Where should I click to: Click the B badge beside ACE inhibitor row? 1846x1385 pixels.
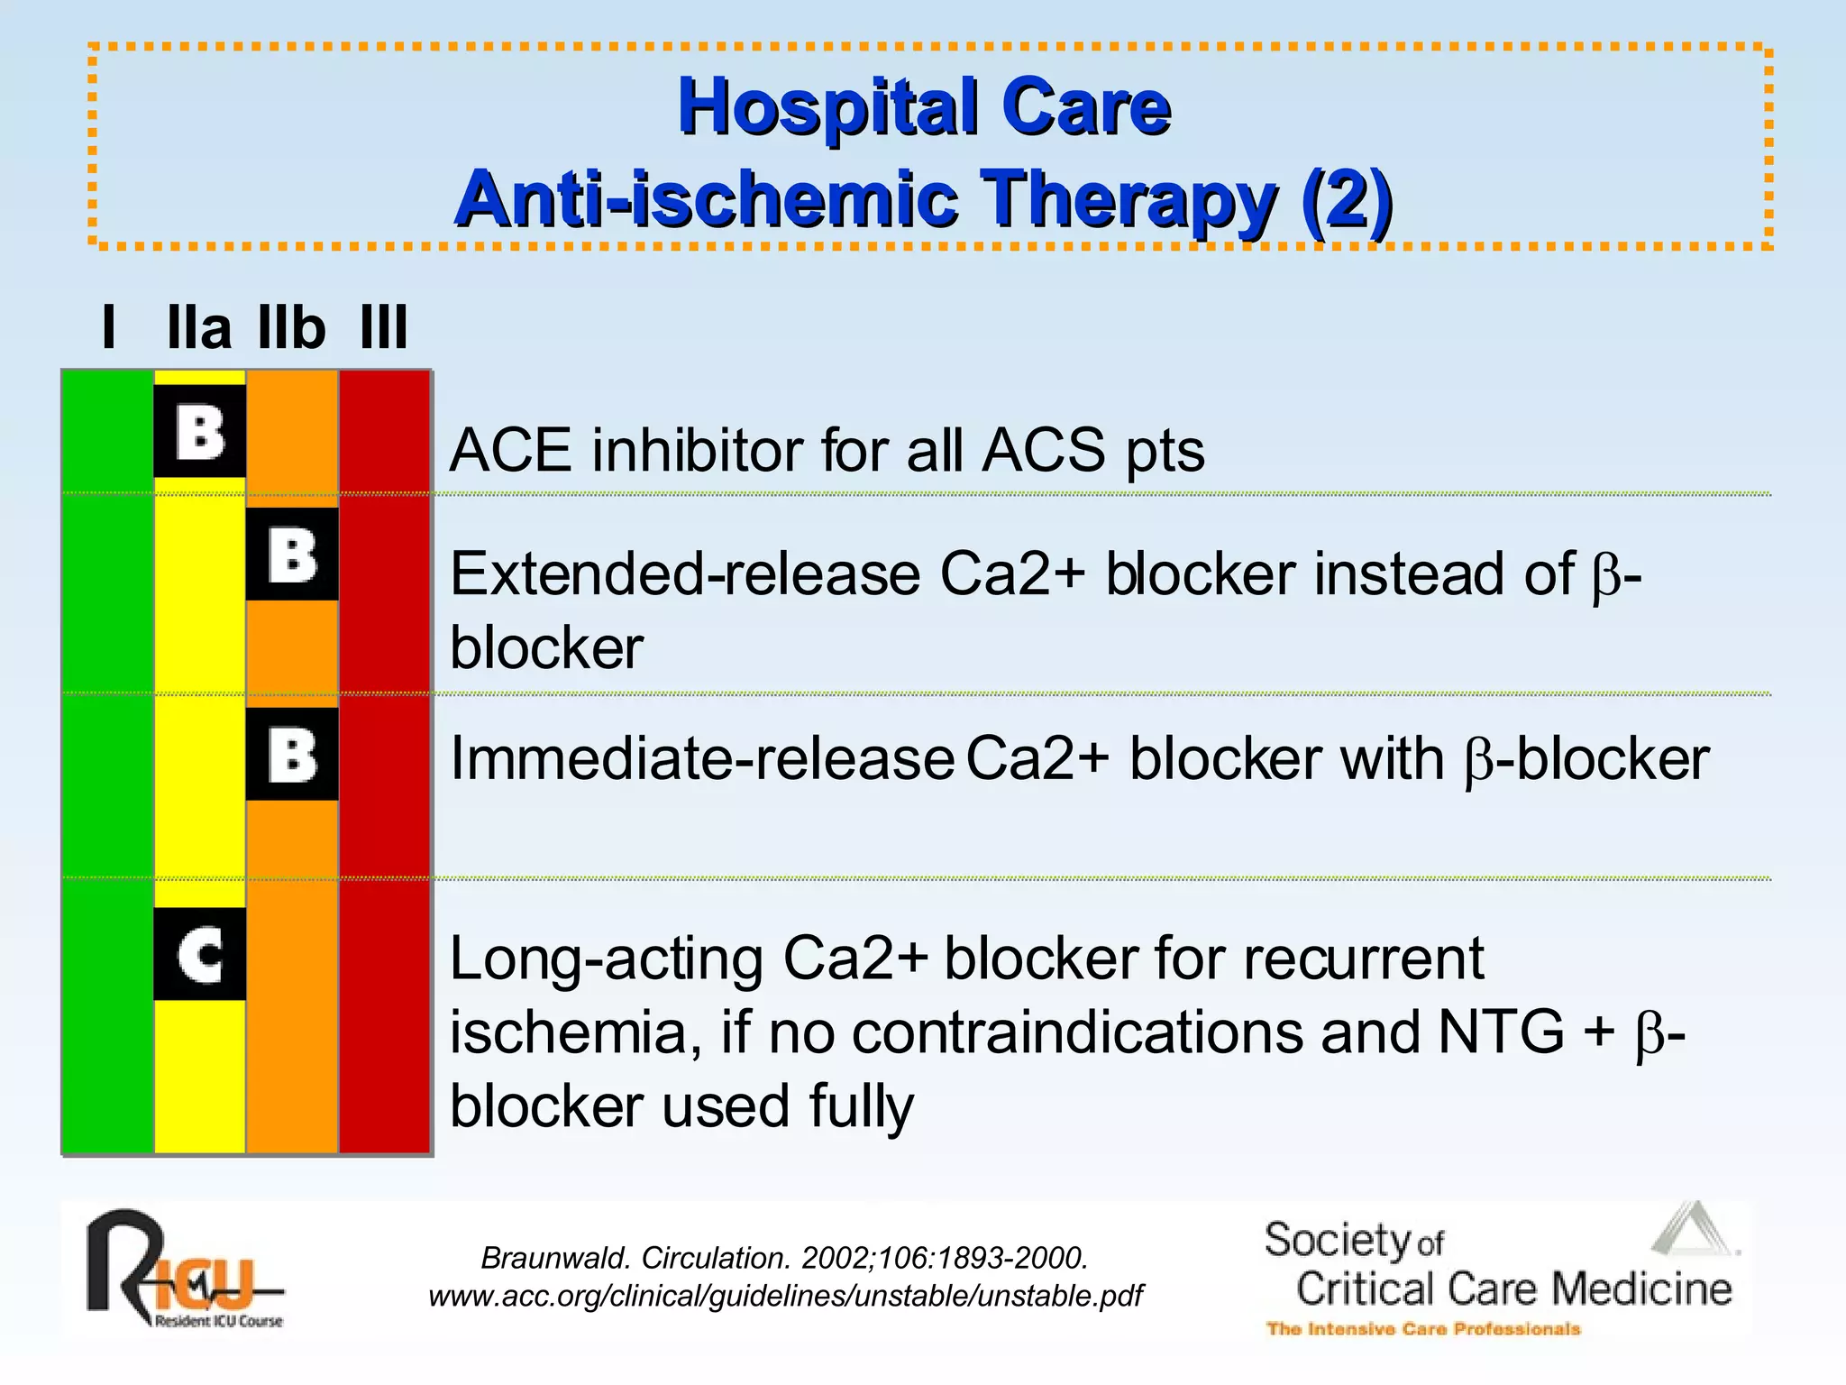(199, 431)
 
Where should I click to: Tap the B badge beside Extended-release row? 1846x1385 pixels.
(292, 554)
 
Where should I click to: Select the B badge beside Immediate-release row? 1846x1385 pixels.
(292, 754)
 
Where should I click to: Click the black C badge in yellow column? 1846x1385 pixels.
(199, 954)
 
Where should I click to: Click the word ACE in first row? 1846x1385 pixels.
(510, 450)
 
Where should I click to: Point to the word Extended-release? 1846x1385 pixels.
(685, 574)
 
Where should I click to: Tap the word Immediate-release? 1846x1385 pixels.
(702, 758)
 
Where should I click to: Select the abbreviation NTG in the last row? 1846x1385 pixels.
(1501, 1032)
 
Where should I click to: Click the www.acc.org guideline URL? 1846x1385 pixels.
(785, 1296)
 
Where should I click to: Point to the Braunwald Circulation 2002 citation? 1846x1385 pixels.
(785, 1257)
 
